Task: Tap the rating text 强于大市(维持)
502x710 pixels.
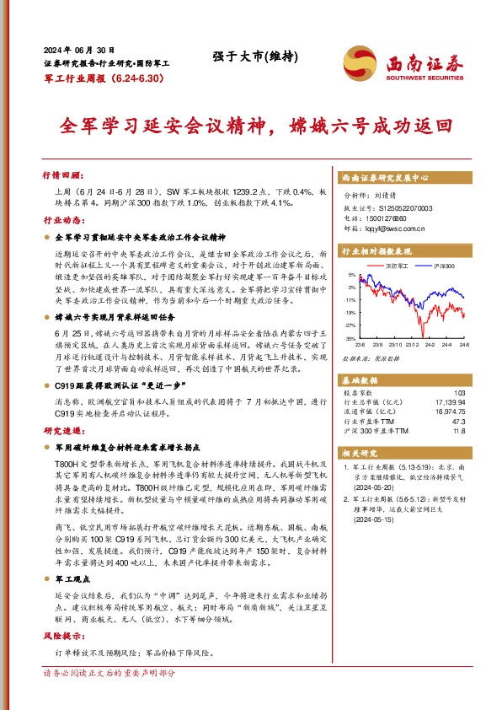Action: pos(248,57)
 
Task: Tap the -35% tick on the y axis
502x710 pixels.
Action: pos(349,338)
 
